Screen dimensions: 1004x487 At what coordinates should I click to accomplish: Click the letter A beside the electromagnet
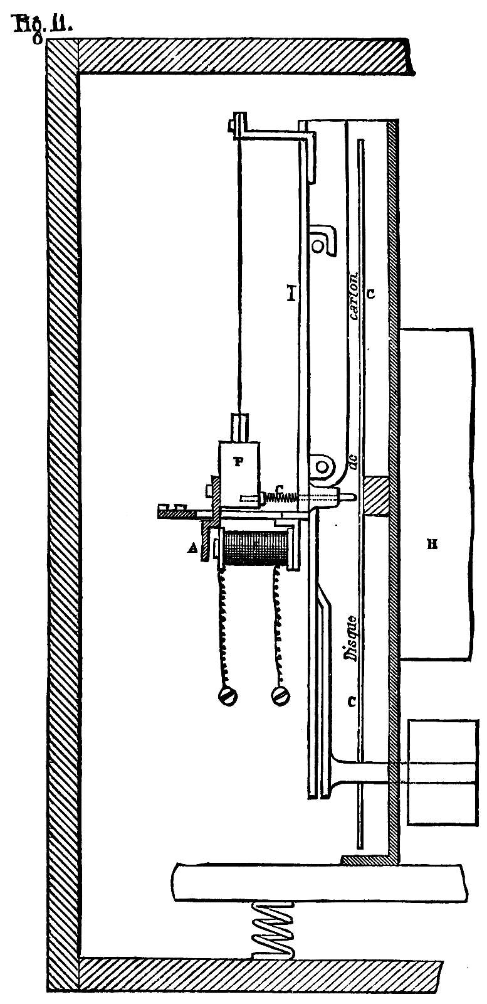click(x=193, y=548)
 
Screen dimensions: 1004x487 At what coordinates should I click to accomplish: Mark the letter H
click(x=431, y=545)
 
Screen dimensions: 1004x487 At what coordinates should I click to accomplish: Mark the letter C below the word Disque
click(x=353, y=703)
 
